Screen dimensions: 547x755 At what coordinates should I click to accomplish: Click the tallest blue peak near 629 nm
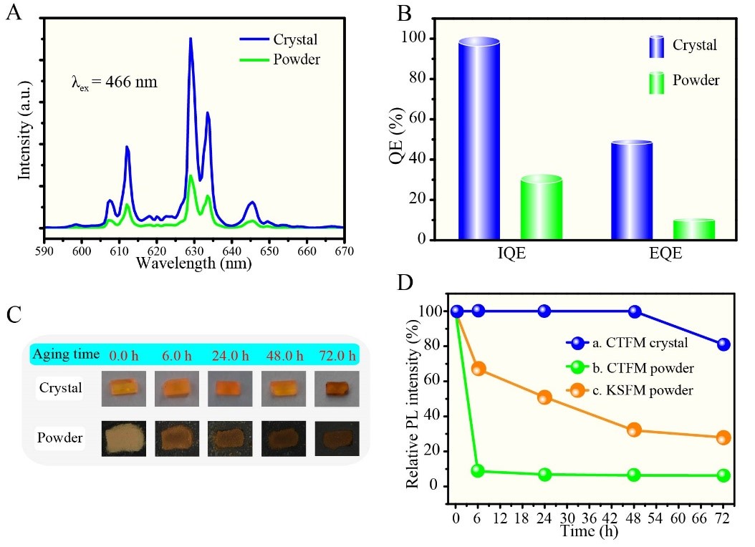click(x=191, y=40)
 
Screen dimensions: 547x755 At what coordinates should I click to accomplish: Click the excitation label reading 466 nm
click(x=114, y=82)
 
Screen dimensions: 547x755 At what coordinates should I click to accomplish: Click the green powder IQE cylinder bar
click(x=541, y=207)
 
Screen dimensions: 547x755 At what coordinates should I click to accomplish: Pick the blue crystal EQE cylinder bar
click(x=632, y=190)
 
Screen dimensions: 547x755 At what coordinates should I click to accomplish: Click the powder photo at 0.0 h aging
click(x=125, y=437)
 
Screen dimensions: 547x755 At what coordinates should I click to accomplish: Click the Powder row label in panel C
click(x=59, y=437)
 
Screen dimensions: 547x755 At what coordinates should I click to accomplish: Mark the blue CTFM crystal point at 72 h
click(x=723, y=344)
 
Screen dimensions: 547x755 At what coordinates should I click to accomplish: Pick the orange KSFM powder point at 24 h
click(x=544, y=398)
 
